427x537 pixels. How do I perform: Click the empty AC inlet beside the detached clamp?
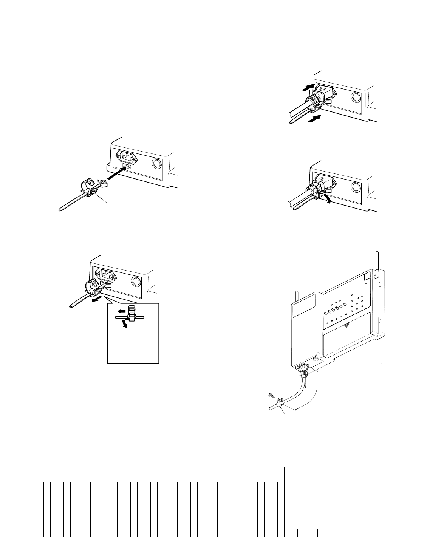(x=127, y=156)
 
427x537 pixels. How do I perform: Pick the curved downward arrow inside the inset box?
(x=123, y=324)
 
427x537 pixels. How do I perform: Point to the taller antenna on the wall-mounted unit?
(x=377, y=265)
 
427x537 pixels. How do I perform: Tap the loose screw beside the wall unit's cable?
(x=270, y=395)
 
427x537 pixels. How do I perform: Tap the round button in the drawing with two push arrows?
(x=356, y=97)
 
